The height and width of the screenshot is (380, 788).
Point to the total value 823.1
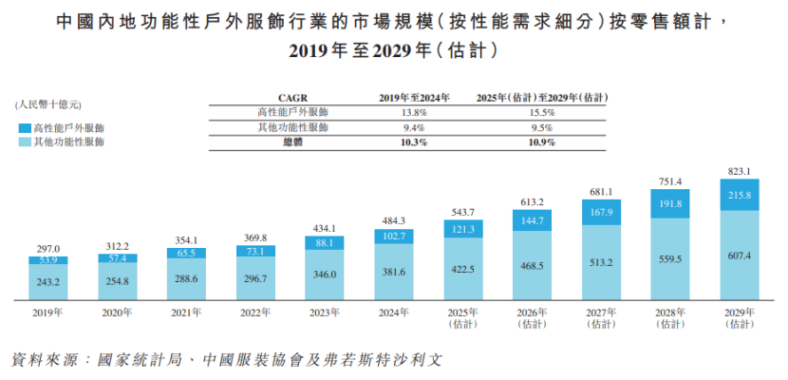(x=740, y=172)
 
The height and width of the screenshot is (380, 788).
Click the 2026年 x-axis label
(x=532, y=313)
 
